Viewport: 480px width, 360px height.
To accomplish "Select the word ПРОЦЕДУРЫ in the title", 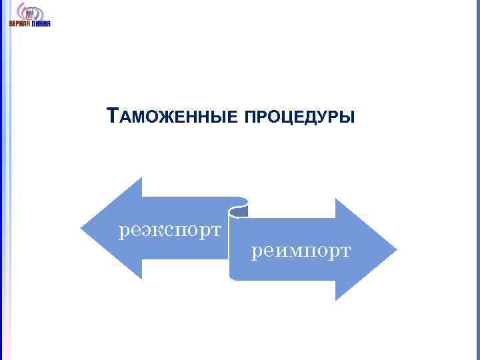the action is click(300, 118).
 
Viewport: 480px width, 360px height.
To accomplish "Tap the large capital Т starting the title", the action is click(113, 117).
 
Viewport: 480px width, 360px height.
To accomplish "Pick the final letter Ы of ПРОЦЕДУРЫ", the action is click(349, 118).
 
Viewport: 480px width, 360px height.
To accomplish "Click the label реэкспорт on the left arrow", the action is click(169, 231).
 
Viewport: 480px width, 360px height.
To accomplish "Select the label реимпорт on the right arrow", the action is click(301, 251).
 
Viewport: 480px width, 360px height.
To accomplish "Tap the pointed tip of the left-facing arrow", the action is click(82, 228).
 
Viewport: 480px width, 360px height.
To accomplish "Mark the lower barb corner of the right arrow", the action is click(336, 299).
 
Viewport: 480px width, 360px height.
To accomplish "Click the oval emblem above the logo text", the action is click(30, 12).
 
